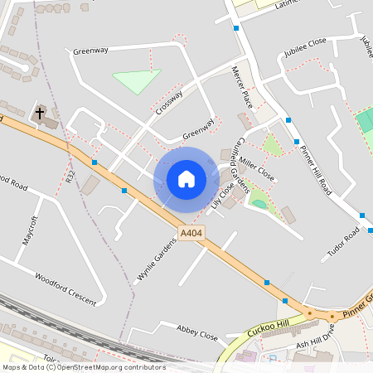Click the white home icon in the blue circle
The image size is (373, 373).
(x=186, y=178)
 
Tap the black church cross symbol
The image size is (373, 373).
(x=40, y=112)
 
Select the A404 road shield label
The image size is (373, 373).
(x=191, y=234)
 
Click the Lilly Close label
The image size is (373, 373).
(x=222, y=196)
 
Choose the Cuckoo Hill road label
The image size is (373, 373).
(x=270, y=326)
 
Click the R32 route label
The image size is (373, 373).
(x=70, y=177)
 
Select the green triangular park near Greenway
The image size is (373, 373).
(x=135, y=81)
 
